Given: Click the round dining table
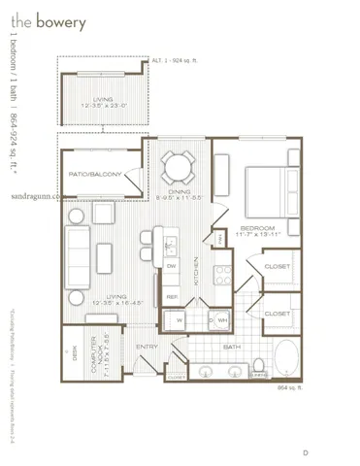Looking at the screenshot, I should pos(177,167).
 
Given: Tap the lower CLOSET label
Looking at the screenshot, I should pos(276,314).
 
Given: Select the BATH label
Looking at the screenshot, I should pos(231,346).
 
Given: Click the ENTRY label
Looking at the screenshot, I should pos(147,346).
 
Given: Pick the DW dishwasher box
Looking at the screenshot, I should pos(170,265).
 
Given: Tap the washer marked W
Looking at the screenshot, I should pos(180,318).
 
